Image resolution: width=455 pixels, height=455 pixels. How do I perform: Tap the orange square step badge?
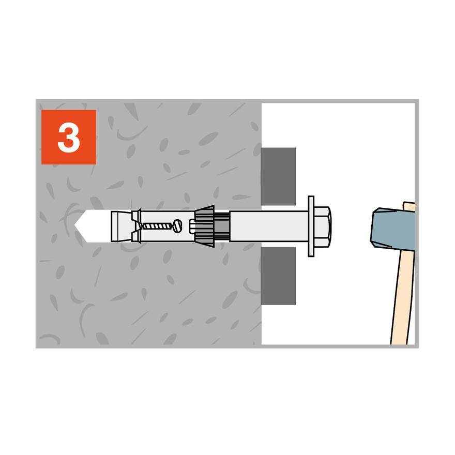69,137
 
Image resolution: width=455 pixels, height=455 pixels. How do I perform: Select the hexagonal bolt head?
323,226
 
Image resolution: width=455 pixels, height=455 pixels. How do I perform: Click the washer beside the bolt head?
311,226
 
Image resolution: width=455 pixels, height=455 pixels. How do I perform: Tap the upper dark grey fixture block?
278,176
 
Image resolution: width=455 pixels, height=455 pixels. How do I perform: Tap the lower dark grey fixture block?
278,276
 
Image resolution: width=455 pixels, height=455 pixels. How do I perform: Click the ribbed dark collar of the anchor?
205,226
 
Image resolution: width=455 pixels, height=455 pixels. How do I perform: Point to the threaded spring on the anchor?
157,226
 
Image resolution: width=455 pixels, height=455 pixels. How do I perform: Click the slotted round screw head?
177,226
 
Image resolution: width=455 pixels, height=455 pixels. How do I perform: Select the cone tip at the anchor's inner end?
122,226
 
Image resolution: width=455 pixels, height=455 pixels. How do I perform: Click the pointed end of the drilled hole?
74,225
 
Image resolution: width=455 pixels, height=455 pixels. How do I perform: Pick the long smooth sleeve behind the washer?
269,226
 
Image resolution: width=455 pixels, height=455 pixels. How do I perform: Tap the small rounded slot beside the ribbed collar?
192,226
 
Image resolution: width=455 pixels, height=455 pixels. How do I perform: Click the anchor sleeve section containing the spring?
167,226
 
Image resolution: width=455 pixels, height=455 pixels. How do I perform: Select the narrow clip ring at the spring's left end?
136,226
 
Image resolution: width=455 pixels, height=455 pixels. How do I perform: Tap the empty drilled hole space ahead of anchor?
93,226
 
